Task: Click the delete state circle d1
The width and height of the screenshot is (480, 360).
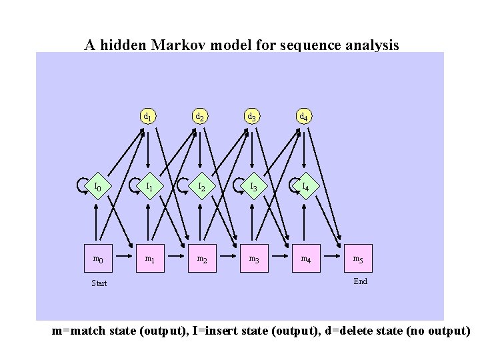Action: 148,117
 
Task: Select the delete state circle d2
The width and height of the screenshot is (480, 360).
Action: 199,117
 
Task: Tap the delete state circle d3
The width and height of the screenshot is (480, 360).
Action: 251,117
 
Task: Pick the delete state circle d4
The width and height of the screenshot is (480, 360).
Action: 303,117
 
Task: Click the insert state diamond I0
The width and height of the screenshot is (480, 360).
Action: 98,187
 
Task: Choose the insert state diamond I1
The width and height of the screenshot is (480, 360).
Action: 150,187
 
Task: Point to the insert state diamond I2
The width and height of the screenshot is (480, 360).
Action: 201,187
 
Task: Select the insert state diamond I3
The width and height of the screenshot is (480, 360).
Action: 253,187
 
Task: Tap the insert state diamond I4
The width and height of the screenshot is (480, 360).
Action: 305,187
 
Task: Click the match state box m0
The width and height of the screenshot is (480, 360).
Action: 98,258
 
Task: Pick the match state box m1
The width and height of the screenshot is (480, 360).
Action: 150,258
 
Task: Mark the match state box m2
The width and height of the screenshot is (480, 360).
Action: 201,258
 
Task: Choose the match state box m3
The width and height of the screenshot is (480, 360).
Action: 253,258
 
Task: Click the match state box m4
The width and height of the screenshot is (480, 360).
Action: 305,258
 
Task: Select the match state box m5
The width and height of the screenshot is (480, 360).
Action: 358,258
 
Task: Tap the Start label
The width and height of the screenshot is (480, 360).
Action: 99,283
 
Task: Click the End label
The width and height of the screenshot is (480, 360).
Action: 361,281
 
